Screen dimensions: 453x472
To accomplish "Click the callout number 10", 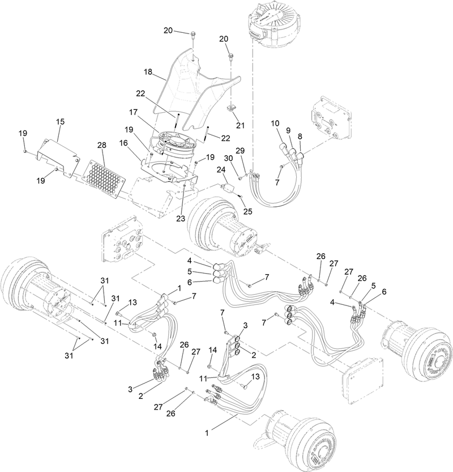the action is (275, 123).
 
